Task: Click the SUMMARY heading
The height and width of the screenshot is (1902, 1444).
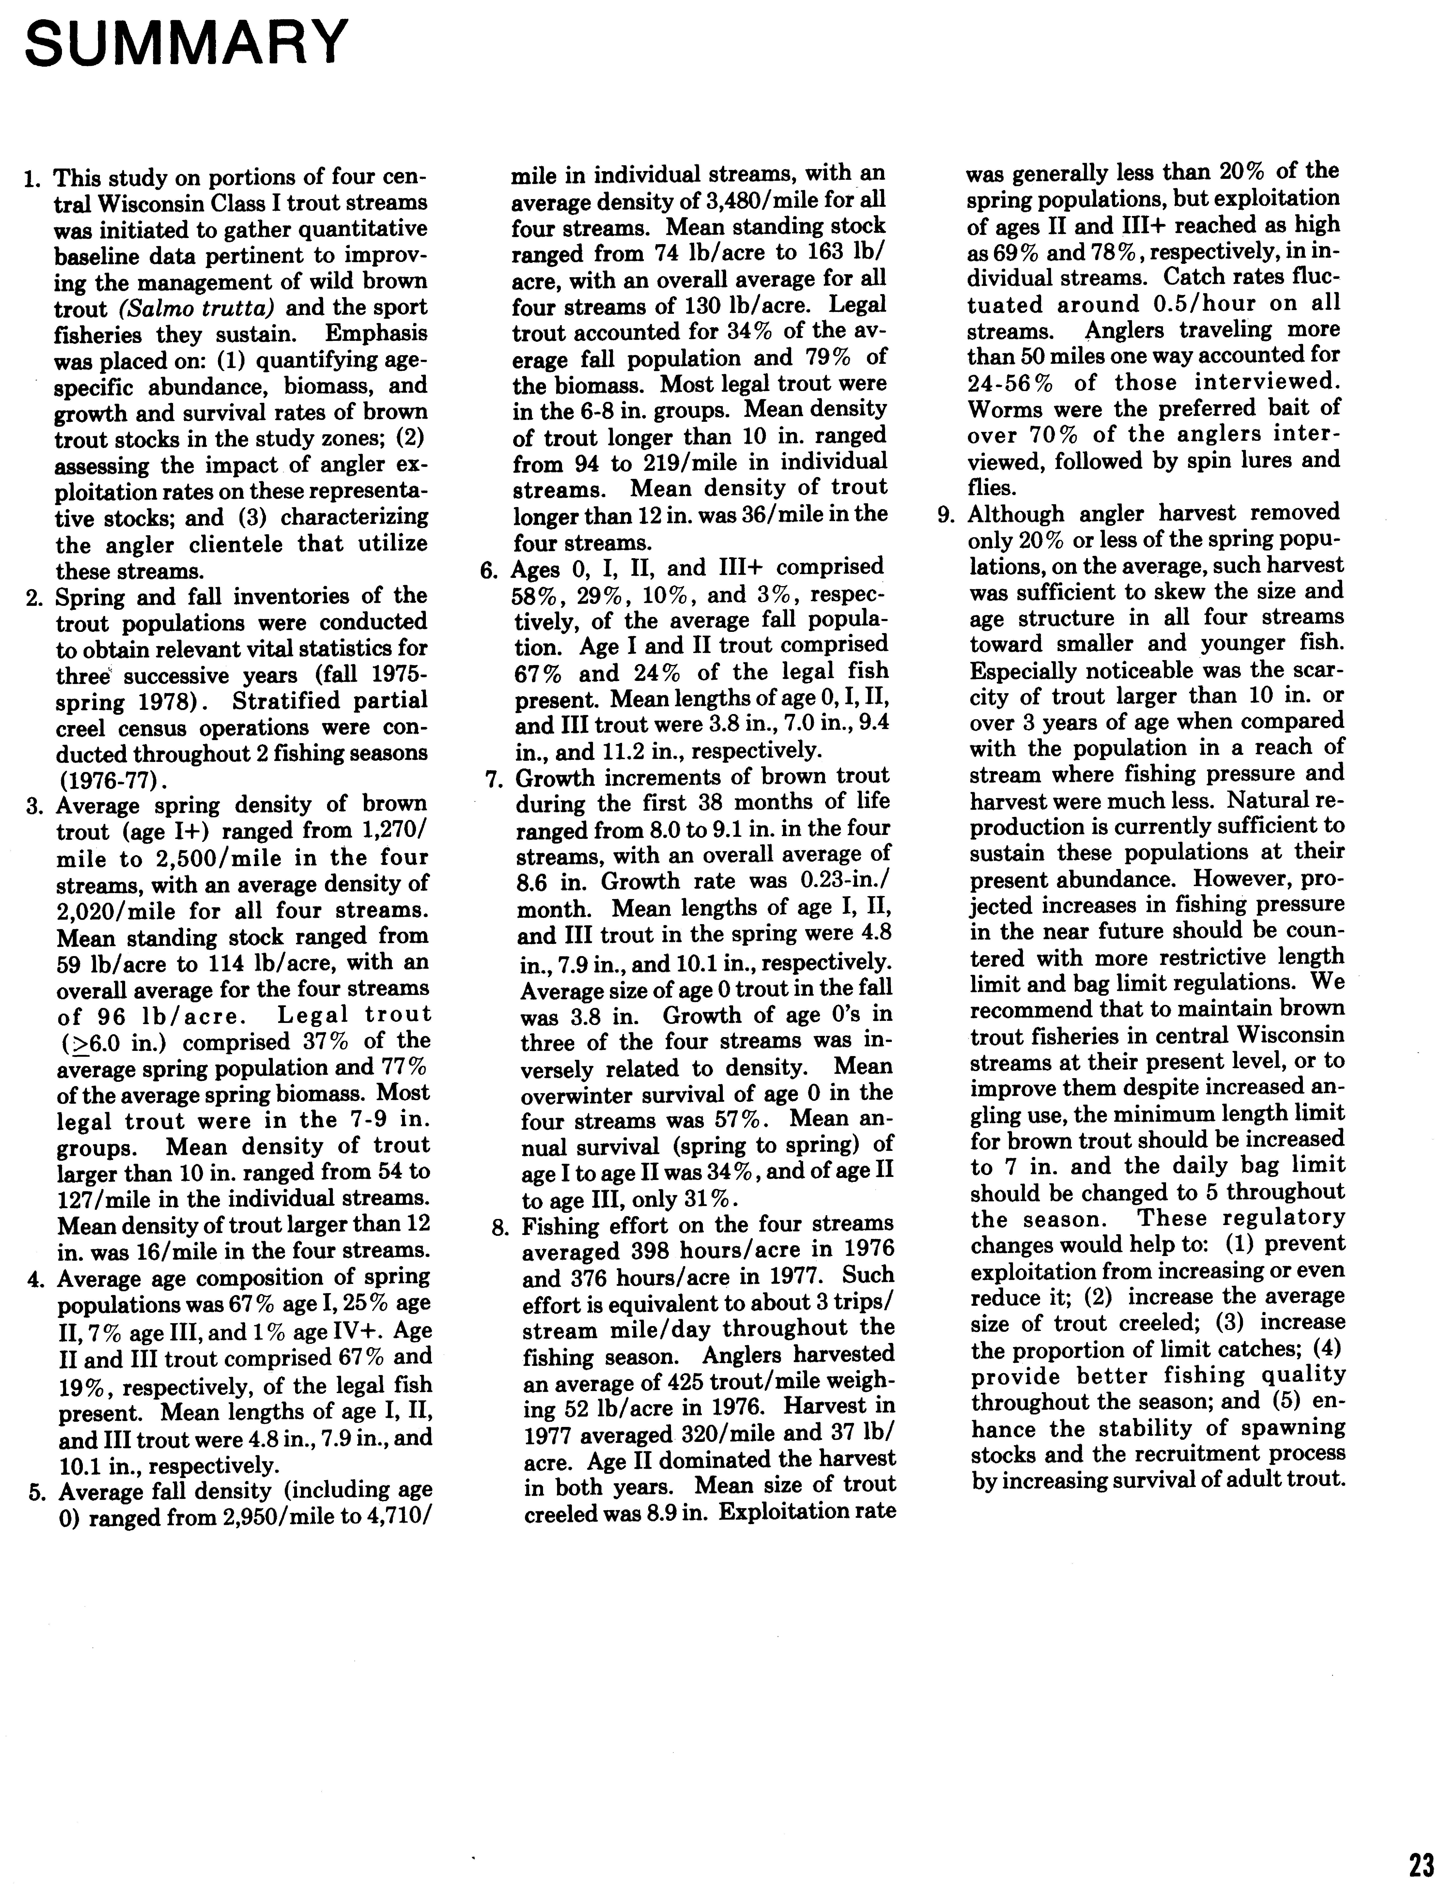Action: coord(188,43)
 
